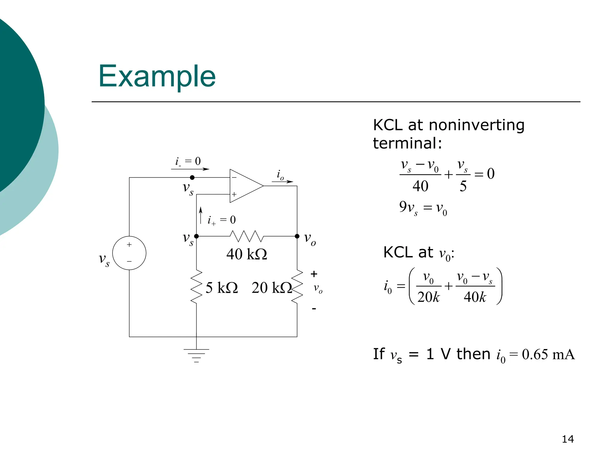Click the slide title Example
[157, 76]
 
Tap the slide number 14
[567, 439]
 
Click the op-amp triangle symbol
[245, 186]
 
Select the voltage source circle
[129, 253]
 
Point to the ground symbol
[196, 355]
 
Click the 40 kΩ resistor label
[246, 254]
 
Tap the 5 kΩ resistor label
[221, 288]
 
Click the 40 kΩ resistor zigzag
[247, 236]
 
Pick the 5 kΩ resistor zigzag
[196, 287]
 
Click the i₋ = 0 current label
[188, 161]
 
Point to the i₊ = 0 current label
[222, 220]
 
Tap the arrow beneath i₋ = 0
[190, 169]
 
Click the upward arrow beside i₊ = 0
[201, 215]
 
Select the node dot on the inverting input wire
[192, 177]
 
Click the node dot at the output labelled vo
[297, 236]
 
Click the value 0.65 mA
[548, 355]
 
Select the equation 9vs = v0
[423, 208]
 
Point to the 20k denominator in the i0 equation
[428, 297]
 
